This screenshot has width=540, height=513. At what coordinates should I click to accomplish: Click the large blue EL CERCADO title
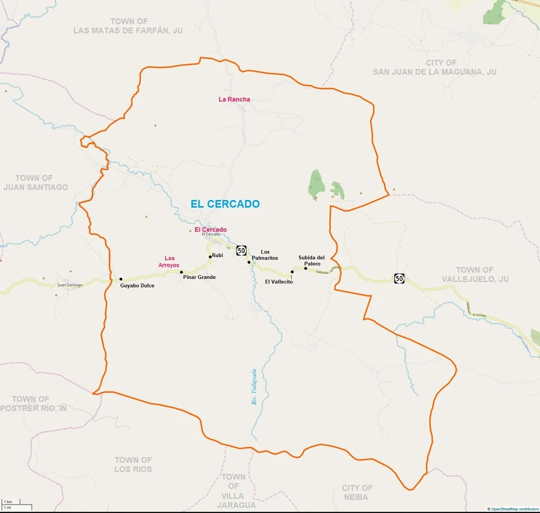pyautogui.click(x=225, y=204)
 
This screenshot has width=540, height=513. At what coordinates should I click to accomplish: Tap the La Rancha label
pyautogui.click(x=234, y=99)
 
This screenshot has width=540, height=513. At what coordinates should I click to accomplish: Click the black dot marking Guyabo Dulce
pyautogui.click(x=121, y=279)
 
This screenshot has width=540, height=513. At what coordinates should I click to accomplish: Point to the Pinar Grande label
pyautogui.click(x=199, y=277)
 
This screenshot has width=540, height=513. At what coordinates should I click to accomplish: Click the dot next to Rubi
pyautogui.click(x=210, y=256)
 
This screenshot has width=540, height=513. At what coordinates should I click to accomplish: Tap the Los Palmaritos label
pyautogui.click(x=269, y=255)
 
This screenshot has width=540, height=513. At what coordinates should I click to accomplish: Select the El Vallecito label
pyautogui.click(x=279, y=282)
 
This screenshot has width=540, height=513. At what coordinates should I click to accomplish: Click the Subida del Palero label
pyautogui.click(x=312, y=260)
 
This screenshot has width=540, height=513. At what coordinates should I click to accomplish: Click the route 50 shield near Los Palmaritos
pyautogui.click(x=241, y=249)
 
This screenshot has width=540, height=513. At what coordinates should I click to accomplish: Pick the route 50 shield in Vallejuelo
pyautogui.click(x=399, y=278)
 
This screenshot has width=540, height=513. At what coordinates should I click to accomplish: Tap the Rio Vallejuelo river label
pyautogui.click(x=254, y=386)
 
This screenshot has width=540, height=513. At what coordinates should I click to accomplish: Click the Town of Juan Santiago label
pyautogui.click(x=35, y=183)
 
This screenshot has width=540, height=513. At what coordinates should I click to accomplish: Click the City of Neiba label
pyautogui.click(x=357, y=492)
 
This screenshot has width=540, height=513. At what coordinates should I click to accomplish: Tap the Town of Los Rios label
pyautogui.click(x=133, y=464)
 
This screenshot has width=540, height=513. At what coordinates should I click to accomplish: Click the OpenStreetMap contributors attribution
pyautogui.click(x=512, y=509)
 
